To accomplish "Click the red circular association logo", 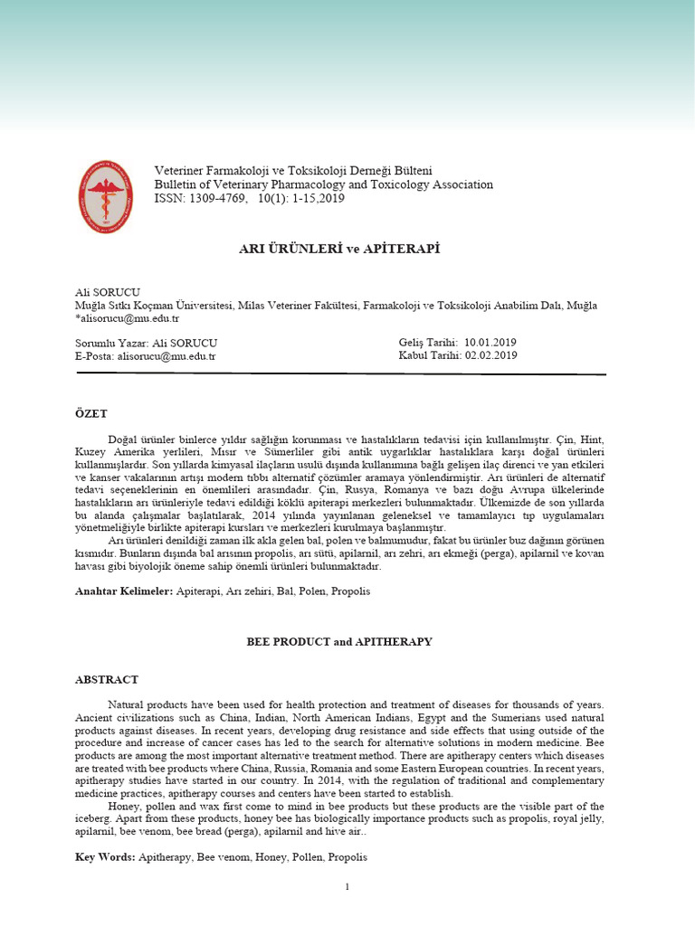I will point(105,196).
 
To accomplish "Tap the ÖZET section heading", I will point(91,412).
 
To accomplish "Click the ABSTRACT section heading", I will point(106,678).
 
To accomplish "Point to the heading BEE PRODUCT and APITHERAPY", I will point(339,641).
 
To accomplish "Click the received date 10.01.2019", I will point(490,343).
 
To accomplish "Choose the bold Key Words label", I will point(104,856).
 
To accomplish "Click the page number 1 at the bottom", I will point(347,887).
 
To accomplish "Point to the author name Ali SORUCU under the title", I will point(107,291).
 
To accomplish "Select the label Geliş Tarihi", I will point(428,343).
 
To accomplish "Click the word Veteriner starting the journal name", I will point(181,170).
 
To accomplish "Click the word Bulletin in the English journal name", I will point(177,184).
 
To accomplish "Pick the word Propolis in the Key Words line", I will point(347,856).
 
